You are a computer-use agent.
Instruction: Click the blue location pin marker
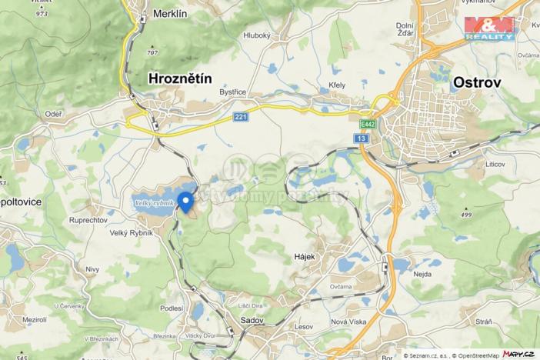click(185, 202)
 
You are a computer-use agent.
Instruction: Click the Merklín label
click(170, 14)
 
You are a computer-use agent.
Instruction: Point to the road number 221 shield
click(242, 117)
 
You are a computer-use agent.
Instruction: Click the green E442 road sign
click(367, 123)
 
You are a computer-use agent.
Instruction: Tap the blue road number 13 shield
click(362, 137)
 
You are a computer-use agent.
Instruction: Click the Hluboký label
click(255, 35)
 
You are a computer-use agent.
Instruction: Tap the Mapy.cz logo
click(518, 353)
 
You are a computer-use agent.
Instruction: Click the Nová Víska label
click(348, 322)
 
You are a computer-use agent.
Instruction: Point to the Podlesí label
click(171, 308)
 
